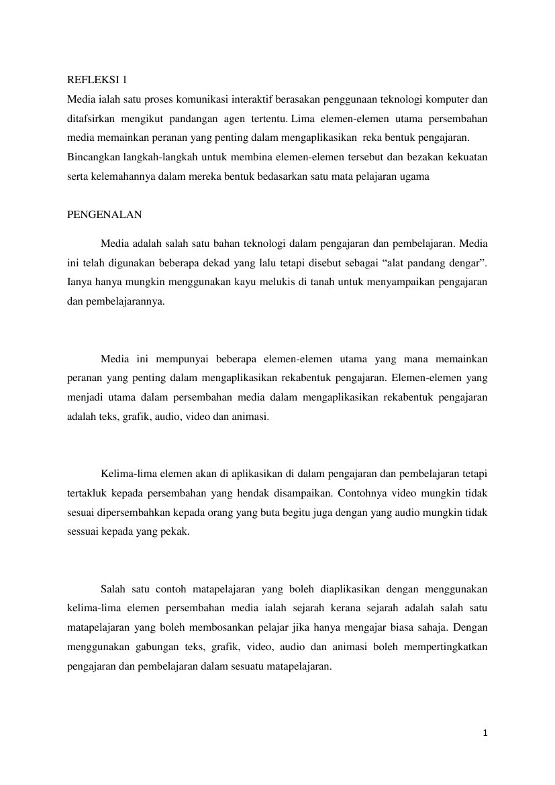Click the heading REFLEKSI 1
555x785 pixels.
pos(97,81)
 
